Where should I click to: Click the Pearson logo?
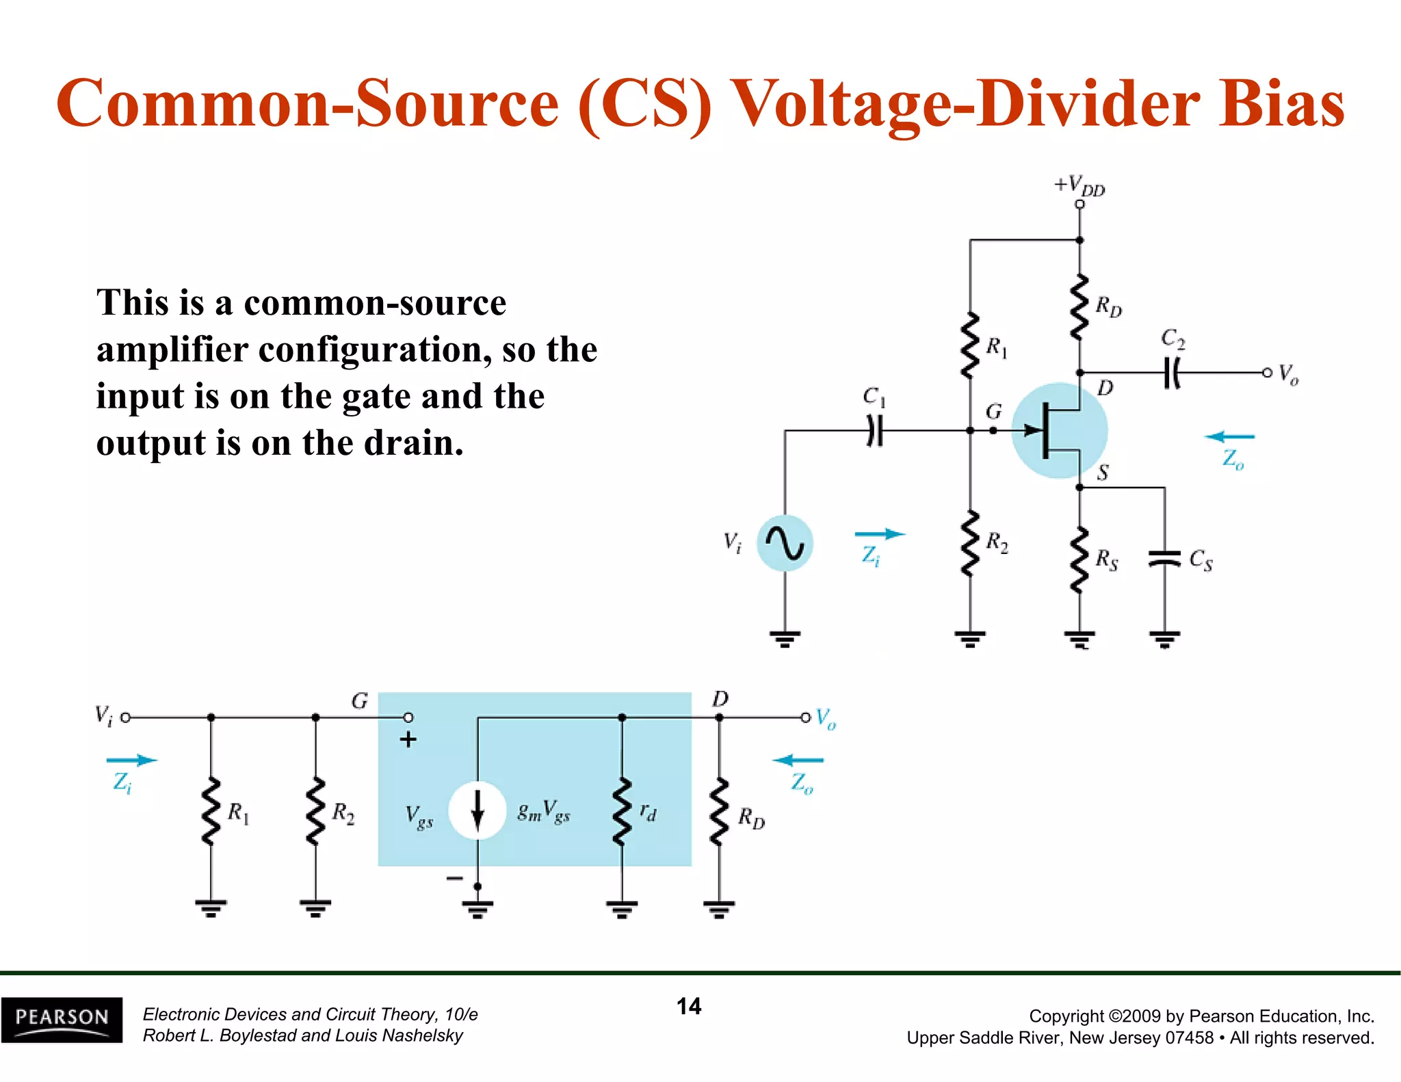pyautogui.click(x=62, y=1019)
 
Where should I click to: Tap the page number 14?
pyautogui.click(x=688, y=1006)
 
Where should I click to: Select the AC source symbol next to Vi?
pyautogui.click(x=785, y=544)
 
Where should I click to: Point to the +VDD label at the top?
pyautogui.click(x=1079, y=185)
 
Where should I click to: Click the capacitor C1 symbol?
pyautogui.click(x=874, y=431)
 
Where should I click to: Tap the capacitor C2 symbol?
pyautogui.click(x=1172, y=373)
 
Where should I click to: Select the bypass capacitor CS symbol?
pyautogui.click(x=1164, y=559)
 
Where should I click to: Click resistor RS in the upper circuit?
pyautogui.click(x=1079, y=559)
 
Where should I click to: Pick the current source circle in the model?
pyautogui.click(x=477, y=810)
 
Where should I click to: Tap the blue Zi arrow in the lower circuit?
pyautogui.click(x=131, y=760)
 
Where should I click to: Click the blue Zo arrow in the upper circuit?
pyautogui.click(x=1229, y=436)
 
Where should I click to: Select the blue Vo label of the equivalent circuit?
pyautogui.click(x=826, y=719)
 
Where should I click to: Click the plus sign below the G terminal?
pyautogui.click(x=408, y=739)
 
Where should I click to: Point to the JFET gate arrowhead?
pyautogui.click(x=1032, y=430)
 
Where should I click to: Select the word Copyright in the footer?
pyautogui.click(x=1066, y=1016)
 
